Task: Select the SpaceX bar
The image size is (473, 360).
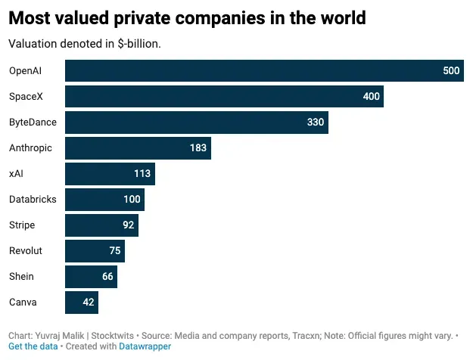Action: [x=224, y=97]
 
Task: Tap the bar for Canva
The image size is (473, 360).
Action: [x=82, y=303]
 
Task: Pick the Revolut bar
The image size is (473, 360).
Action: [x=95, y=251]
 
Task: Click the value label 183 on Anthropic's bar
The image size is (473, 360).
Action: [x=198, y=148]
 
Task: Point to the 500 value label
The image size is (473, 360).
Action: [x=451, y=71]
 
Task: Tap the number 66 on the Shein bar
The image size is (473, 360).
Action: [x=107, y=277]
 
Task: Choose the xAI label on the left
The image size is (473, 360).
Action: [x=17, y=174]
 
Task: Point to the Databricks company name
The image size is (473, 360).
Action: [x=32, y=200]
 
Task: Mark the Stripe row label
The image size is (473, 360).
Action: [x=22, y=225]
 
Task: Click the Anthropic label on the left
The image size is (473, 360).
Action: [x=30, y=148]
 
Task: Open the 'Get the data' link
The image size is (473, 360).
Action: [x=33, y=346]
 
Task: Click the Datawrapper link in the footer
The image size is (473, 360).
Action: [x=145, y=346]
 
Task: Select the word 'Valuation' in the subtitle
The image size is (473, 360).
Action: [x=33, y=43]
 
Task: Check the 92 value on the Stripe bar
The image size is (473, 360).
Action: [x=128, y=225]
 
